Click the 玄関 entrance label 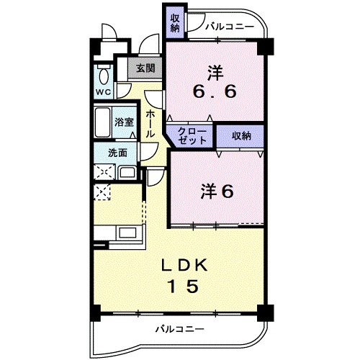tap(145, 69)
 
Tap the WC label tap(102, 92)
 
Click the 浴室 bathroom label tap(124, 123)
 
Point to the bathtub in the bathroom tap(102, 124)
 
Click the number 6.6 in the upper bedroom tap(214, 93)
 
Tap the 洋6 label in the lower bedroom tap(216, 192)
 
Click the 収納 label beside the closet tap(242, 135)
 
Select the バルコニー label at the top tap(229, 27)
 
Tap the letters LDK tap(184, 265)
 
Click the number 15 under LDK tap(184, 286)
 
